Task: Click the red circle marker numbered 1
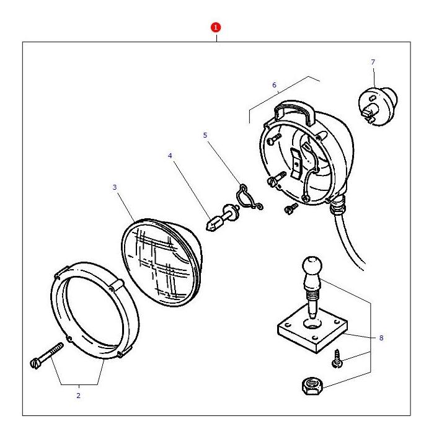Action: pos(216,27)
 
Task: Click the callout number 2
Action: pos(78,395)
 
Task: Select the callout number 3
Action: pos(114,186)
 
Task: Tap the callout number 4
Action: pos(170,156)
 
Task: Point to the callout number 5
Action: pos(206,135)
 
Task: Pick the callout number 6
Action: pos(274,85)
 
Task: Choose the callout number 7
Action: pos(373,62)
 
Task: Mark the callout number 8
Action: pos(381,338)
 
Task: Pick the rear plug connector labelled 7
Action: pos(378,102)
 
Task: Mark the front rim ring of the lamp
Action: pos(93,310)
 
